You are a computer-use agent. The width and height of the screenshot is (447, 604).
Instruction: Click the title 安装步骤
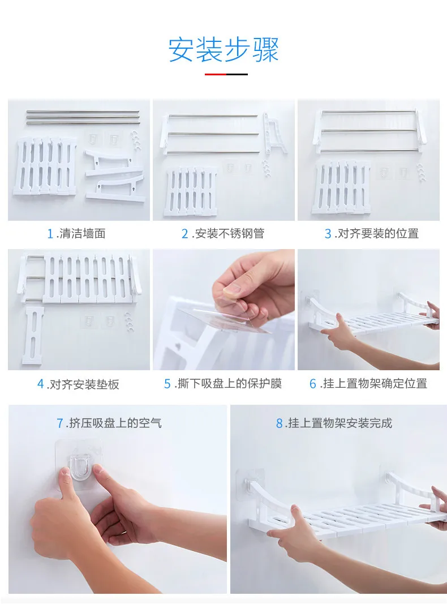[223, 50]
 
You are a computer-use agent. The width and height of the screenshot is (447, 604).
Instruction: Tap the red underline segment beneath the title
[215, 74]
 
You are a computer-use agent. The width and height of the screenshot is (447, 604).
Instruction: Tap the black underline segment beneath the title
[237, 74]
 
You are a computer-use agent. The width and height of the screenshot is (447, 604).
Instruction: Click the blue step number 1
[50, 234]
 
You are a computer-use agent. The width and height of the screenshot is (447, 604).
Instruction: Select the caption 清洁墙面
[83, 233]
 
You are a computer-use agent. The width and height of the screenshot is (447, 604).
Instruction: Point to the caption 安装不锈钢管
[230, 233]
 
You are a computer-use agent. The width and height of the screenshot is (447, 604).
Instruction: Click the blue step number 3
[328, 234]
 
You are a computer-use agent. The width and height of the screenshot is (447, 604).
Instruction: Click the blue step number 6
[313, 384]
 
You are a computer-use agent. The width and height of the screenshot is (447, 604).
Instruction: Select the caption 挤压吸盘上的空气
[115, 423]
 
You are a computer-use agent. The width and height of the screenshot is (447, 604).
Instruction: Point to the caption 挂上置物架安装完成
[340, 423]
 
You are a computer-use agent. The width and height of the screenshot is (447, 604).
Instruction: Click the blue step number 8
[280, 423]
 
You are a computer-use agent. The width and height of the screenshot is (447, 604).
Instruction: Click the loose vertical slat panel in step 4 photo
[33, 335]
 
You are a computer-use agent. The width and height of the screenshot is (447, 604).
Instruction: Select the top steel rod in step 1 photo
[83, 112]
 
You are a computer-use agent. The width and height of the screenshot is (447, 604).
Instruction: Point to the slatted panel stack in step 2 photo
[190, 192]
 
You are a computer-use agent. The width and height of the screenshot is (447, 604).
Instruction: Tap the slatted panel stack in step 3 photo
[341, 187]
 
